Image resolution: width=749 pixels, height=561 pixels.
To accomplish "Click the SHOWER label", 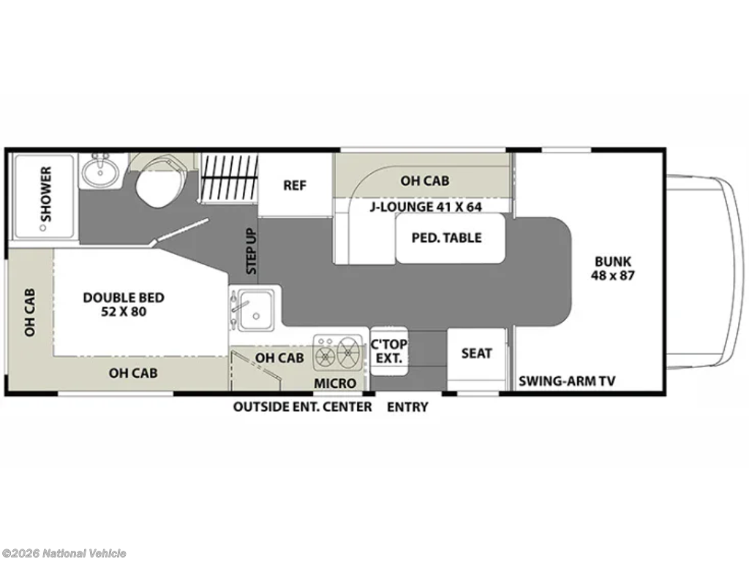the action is click(46, 194).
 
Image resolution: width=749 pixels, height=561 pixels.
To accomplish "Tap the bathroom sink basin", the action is click(99, 172).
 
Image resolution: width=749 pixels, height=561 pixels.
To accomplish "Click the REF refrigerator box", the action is click(296, 186).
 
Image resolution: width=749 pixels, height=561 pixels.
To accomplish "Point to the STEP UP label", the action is click(252, 251).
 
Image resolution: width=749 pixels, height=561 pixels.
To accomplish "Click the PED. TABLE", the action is click(450, 238).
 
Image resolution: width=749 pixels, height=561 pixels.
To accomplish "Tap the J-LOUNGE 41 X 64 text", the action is click(426, 207).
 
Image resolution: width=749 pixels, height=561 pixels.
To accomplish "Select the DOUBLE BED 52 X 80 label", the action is click(124, 305).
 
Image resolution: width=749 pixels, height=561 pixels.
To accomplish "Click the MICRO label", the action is click(335, 383).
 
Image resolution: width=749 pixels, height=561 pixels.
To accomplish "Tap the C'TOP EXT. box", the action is click(389, 351).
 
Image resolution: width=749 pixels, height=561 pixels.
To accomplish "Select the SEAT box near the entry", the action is click(476, 354).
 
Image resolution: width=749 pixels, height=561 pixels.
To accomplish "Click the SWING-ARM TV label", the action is click(567, 381).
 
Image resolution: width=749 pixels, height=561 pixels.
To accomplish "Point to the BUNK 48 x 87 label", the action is click(613, 269).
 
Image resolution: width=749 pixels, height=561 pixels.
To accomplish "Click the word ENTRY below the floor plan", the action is click(407, 408).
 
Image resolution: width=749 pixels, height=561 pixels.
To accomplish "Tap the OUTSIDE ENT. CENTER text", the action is click(302, 408).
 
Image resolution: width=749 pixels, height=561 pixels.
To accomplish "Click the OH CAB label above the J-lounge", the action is click(425, 181).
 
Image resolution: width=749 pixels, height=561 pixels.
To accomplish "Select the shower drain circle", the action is click(43, 228).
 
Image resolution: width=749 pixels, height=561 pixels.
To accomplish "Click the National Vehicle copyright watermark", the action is click(64, 554).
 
